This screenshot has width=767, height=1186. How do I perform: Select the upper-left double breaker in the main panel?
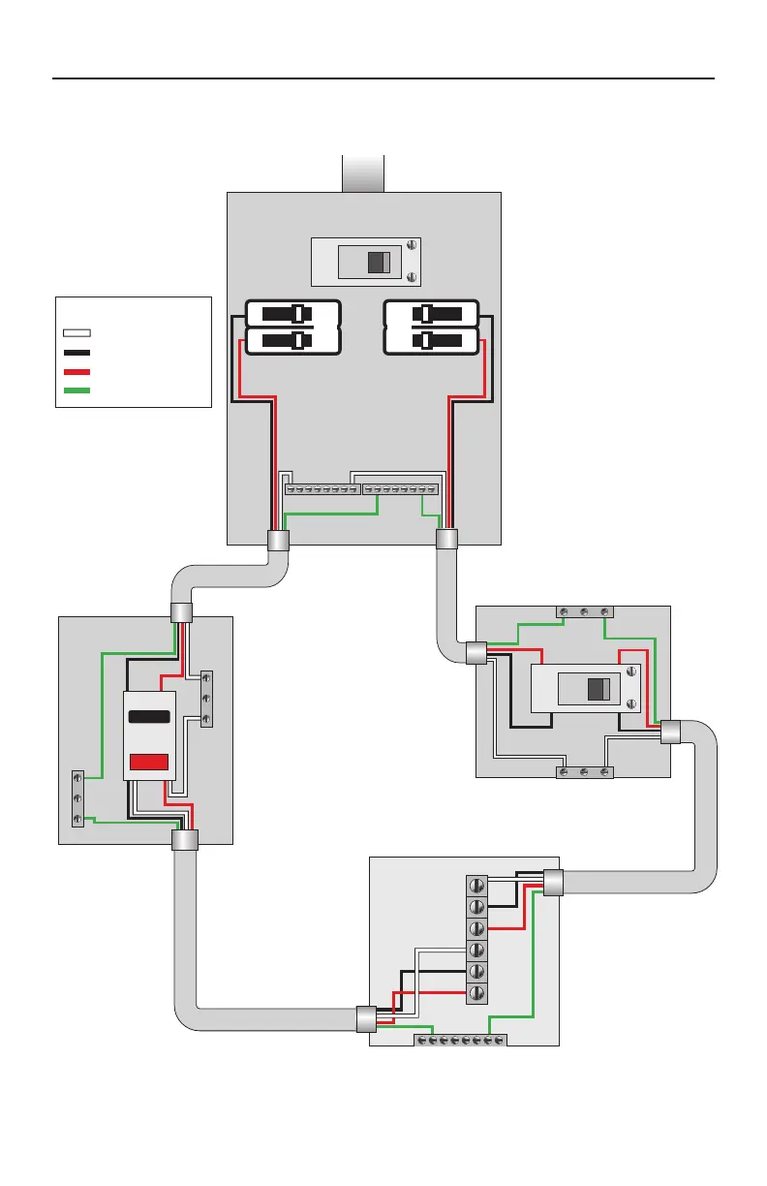point(292,314)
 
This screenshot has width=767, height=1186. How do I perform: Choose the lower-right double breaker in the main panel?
point(432,341)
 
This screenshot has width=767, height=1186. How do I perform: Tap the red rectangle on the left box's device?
point(149,762)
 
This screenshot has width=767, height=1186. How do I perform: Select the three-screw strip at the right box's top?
point(583,611)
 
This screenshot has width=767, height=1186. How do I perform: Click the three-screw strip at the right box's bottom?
point(583,772)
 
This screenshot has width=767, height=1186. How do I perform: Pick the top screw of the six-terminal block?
point(476,886)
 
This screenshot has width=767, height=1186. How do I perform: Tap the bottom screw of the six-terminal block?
point(476,993)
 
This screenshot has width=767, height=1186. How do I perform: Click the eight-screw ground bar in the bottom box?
point(460,1040)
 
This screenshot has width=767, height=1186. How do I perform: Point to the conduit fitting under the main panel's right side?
point(446,540)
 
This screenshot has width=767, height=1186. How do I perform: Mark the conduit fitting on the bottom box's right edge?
point(553,883)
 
